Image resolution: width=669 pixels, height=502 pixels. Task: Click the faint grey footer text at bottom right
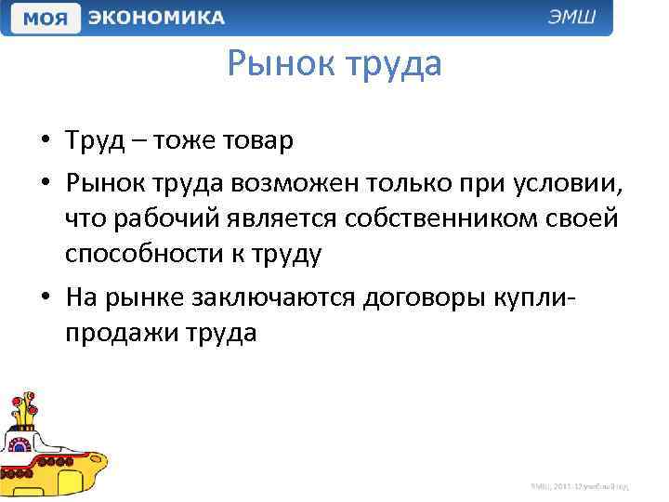coord(580,486)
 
